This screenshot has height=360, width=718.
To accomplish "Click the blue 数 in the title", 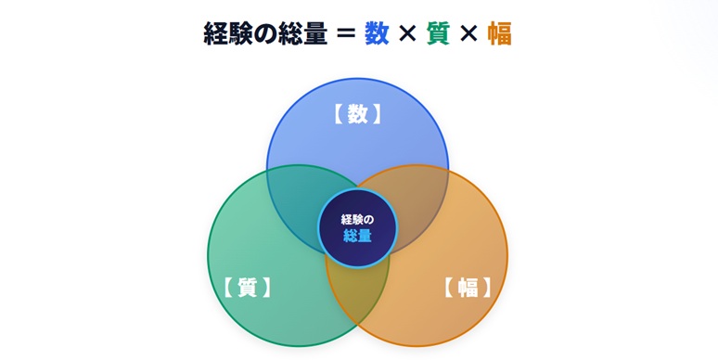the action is (x=377, y=33).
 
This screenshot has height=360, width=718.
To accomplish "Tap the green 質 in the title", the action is (x=438, y=33).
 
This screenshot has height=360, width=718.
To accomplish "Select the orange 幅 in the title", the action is (x=499, y=33).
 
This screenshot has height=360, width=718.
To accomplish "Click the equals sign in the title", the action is (x=346, y=33).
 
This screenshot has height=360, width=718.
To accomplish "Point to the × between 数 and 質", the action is (x=407, y=33).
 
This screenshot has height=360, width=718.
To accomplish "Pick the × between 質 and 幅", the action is (x=468, y=33).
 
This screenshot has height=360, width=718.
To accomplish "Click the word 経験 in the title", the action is (x=228, y=33).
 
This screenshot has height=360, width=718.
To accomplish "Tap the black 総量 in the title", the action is (x=302, y=33).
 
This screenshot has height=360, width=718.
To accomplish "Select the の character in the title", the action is (x=265, y=34).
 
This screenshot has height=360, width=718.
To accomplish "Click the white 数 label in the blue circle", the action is (x=357, y=114).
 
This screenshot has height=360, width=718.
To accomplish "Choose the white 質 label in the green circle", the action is (x=248, y=288).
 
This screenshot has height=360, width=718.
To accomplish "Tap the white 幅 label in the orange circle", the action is (x=468, y=288).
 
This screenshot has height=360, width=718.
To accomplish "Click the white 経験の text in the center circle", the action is (x=357, y=220).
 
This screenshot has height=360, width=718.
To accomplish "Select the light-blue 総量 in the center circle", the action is (x=357, y=236).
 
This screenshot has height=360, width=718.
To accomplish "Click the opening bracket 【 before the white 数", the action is (x=338, y=114).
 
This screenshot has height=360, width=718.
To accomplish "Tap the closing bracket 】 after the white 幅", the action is (x=486, y=288).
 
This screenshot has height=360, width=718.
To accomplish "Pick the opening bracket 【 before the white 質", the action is (x=228, y=288).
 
